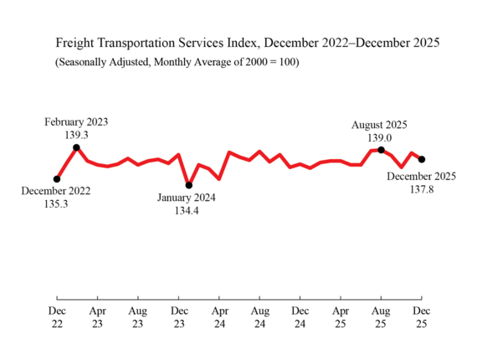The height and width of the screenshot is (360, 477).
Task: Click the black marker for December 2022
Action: (x=57, y=178)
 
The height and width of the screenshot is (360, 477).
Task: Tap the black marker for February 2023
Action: (x=77, y=147)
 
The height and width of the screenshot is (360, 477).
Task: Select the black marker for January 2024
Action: (x=189, y=185)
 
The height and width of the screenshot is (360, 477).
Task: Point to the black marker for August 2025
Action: (x=382, y=150)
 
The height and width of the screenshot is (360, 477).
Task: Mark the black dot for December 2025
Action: (x=422, y=159)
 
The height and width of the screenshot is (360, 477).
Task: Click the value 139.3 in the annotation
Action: (x=77, y=134)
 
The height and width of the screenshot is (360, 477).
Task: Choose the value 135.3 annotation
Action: (x=56, y=203)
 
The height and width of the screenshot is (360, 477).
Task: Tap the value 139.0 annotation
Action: (x=379, y=138)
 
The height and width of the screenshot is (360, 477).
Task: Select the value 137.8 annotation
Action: (x=421, y=189)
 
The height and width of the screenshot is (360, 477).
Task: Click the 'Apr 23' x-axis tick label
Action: (x=97, y=316)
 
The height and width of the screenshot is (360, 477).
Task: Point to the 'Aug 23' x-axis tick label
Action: (x=138, y=316)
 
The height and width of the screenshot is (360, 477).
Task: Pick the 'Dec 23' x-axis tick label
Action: (x=178, y=316)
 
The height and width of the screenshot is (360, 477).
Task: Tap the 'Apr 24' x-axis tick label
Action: (x=219, y=316)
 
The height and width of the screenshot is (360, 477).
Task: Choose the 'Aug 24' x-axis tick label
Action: (x=259, y=316)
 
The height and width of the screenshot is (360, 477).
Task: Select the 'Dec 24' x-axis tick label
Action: (x=300, y=316)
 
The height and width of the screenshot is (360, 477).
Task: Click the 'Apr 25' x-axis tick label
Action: (x=341, y=316)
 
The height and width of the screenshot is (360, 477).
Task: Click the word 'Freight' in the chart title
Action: (x=76, y=42)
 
